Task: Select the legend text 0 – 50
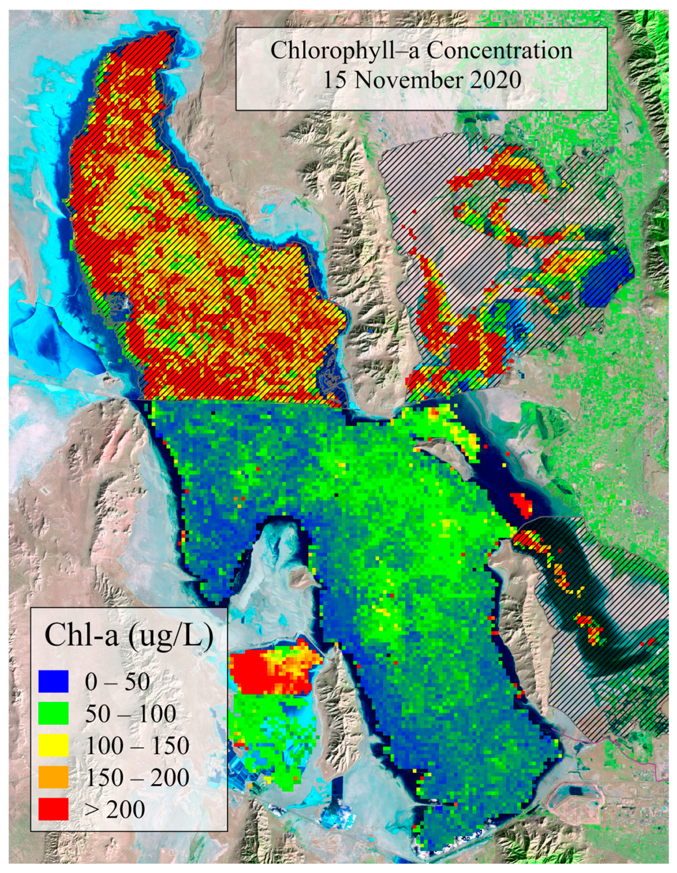[117, 681]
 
